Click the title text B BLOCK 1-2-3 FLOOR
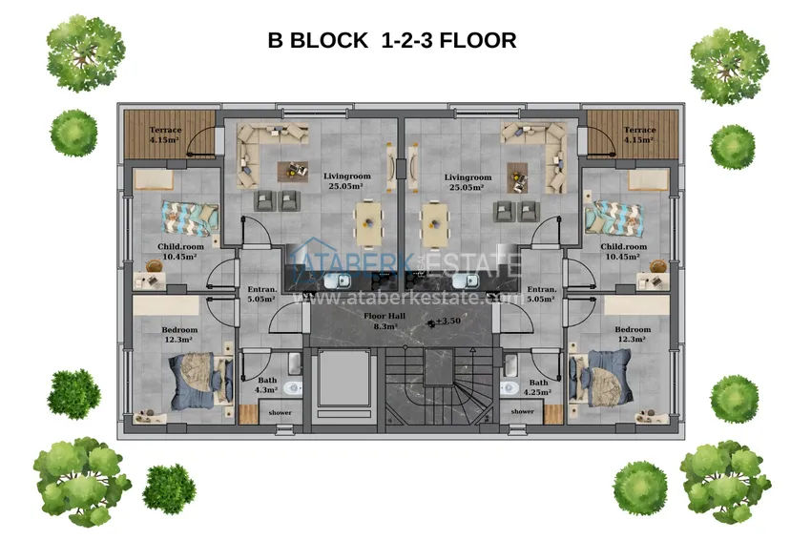click(x=392, y=40)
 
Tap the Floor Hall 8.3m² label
click(x=385, y=321)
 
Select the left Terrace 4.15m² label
click(x=165, y=135)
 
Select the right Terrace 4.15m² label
click(x=639, y=135)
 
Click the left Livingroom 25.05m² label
click(x=346, y=181)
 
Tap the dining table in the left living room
click(x=368, y=223)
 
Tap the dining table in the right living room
click(x=434, y=224)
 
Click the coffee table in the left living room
click(x=293, y=171)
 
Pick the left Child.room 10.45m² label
click(x=180, y=251)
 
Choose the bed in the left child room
click(x=189, y=218)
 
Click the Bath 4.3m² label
click(x=266, y=384)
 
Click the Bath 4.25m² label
click(x=538, y=387)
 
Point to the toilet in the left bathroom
click(x=293, y=388)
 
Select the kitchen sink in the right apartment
click(x=466, y=280)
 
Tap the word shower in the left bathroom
click(x=280, y=413)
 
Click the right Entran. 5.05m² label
click(x=542, y=294)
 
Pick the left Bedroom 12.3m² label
click(x=179, y=335)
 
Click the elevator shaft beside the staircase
click(x=343, y=383)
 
